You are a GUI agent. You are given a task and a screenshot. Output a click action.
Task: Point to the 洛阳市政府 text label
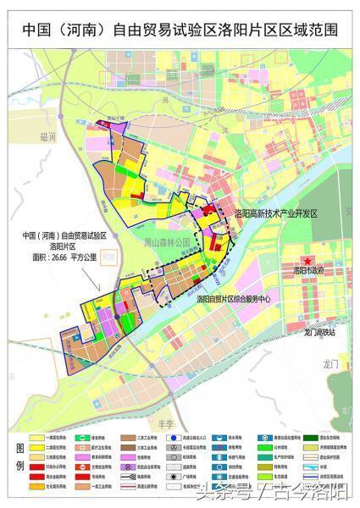pos(310,272)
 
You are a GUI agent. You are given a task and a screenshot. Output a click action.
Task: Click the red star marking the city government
pos(309,259)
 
